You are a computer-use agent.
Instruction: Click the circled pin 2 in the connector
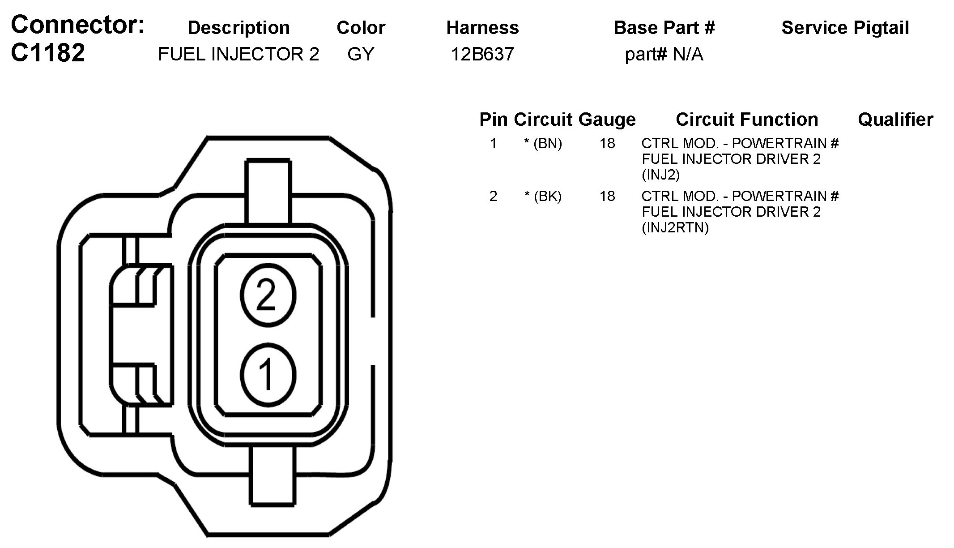[x=268, y=295]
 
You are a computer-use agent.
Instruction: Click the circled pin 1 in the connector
[x=268, y=375]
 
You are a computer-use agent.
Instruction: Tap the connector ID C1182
[x=48, y=53]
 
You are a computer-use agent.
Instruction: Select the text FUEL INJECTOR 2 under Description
[x=238, y=54]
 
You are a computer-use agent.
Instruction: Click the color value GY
[x=361, y=54]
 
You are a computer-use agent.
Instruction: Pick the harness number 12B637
[x=482, y=54]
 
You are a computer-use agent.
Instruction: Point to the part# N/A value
[x=664, y=54]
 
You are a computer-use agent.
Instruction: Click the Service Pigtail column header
[x=845, y=28]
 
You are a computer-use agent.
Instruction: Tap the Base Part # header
[x=664, y=28]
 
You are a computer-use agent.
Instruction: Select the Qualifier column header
[x=895, y=120]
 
